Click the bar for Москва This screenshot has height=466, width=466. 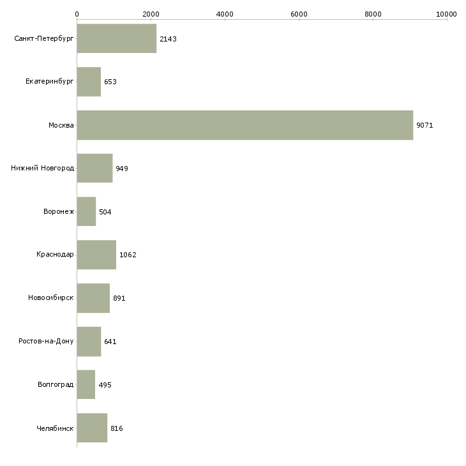click(x=245, y=125)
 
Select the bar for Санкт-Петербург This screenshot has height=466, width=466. click(x=117, y=39)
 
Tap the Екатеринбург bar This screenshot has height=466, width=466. click(x=89, y=82)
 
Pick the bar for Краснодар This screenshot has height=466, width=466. click(x=96, y=255)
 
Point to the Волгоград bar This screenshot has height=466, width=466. click(x=86, y=384)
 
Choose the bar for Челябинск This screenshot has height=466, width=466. click(x=92, y=428)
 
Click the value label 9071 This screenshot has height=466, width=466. click(x=425, y=125)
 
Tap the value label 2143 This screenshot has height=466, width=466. click(x=168, y=39)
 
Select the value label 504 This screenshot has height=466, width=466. click(x=105, y=212)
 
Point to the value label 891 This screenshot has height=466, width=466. click(x=119, y=298)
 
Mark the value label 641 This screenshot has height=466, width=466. click(x=110, y=342)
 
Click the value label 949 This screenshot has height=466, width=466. click(x=122, y=169)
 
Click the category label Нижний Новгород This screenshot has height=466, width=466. click(x=43, y=169)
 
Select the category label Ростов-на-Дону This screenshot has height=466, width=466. click(x=47, y=342)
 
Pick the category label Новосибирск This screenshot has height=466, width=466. click(x=51, y=298)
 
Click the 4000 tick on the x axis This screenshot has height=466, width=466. click(x=225, y=13)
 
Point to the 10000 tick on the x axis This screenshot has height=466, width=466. click(x=447, y=13)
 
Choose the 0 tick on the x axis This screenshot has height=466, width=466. click(x=77, y=13)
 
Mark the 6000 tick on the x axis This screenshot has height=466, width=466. click(x=299, y=13)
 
